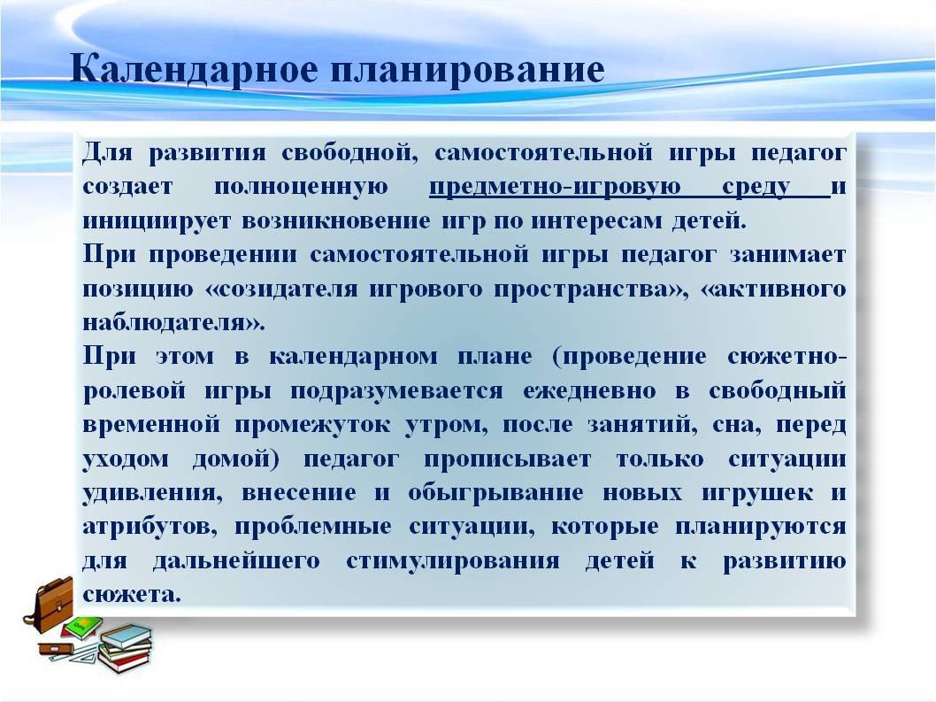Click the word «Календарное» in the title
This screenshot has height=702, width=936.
pos(195,69)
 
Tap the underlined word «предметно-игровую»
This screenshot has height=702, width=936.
pos(556,188)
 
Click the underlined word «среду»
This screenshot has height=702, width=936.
pos(756,188)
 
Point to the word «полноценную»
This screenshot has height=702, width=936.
pos(301,187)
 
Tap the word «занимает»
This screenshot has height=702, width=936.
pos(788,255)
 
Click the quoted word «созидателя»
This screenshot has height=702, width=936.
pos(281,289)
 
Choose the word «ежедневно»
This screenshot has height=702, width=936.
pos(589,391)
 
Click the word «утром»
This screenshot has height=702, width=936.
pos(447,426)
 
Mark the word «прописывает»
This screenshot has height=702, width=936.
pos(508,459)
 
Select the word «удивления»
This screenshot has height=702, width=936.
pos(153,493)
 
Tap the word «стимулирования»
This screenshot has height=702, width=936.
pos(452,561)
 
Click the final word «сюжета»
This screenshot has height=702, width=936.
pos(131,595)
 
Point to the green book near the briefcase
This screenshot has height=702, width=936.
pos(81,628)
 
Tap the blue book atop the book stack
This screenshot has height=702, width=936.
pos(127,636)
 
